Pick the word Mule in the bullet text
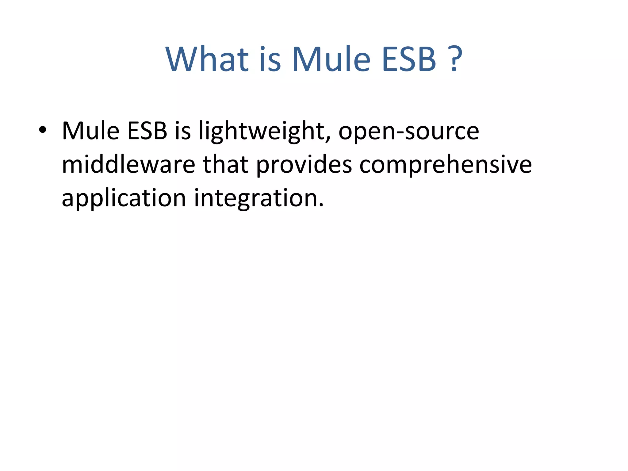coord(90,131)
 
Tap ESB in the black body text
coord(147,131)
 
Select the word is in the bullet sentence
coord(183,131)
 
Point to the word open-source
coord(408,131)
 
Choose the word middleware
coord(128,165)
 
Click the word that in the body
coord(225,165)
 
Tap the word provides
coord(304,165)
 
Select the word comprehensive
coord(446,165)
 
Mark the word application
coord(124,199)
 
